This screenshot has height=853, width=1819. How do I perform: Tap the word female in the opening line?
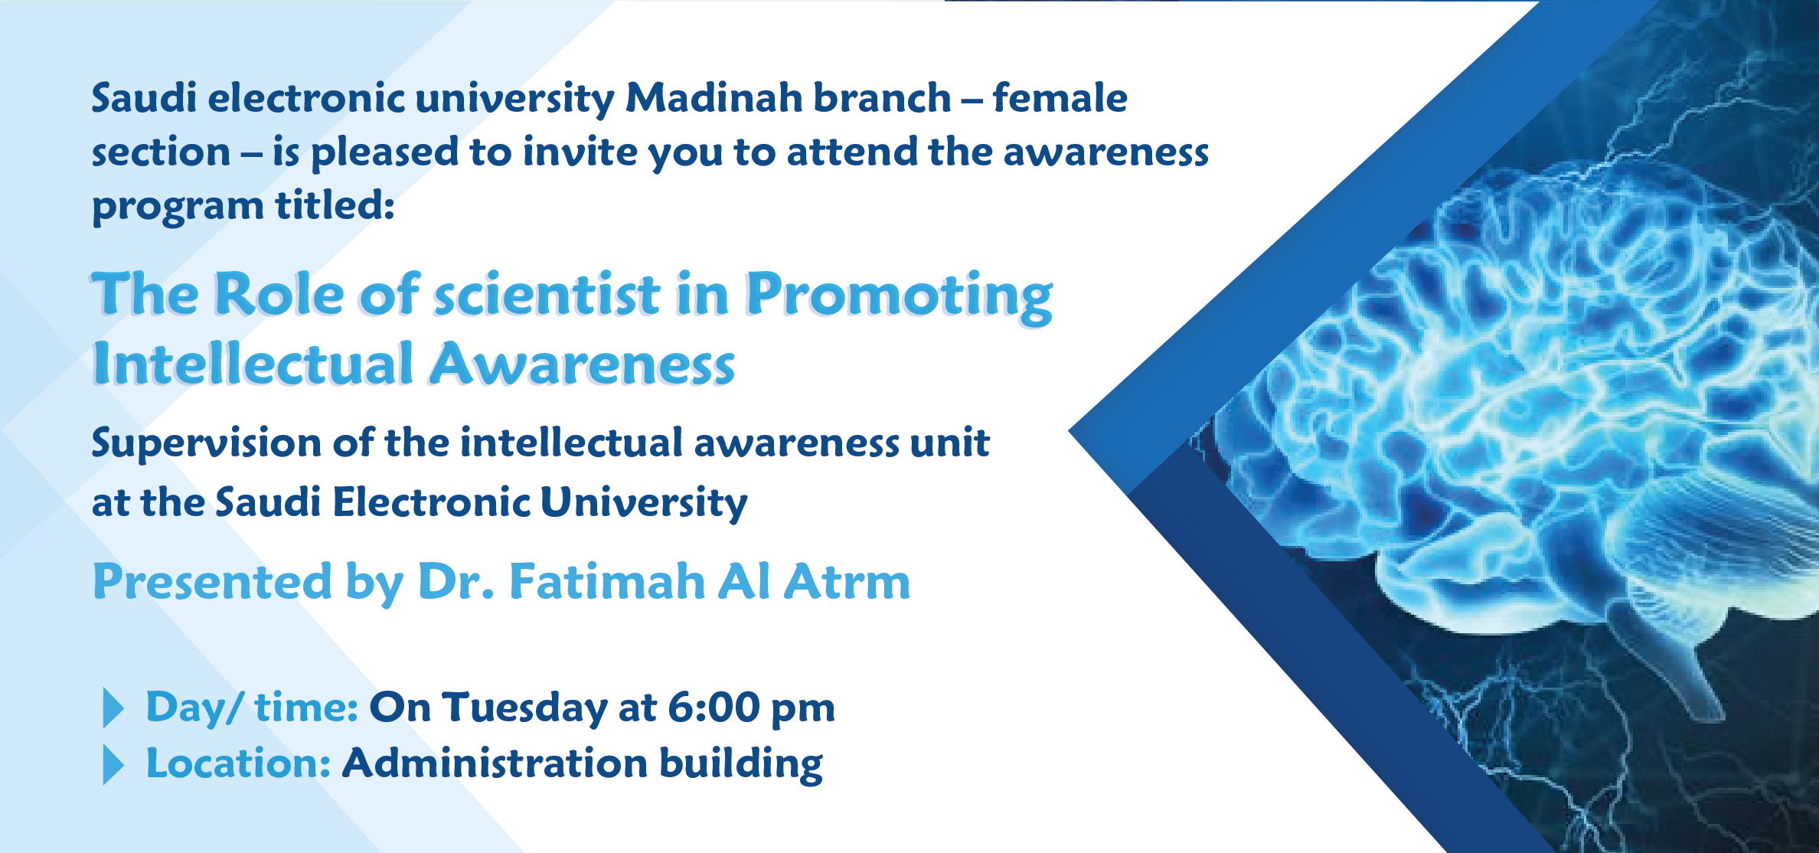(x=1060, y=97)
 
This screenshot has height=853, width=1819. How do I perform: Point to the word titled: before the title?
(x=335, y=205)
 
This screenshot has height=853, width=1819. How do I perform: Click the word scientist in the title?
(x=547, y=294)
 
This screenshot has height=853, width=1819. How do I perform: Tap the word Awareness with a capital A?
(x=582, y=364)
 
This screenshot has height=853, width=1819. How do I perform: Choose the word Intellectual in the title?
(x=253, y=363)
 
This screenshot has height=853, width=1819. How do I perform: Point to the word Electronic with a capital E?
(x=431, y=502)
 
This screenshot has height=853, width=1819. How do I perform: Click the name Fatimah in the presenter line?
(x=606, y=581)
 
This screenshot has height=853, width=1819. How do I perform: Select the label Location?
(x=238, y=763)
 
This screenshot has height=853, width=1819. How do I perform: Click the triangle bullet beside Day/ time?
(x=113, y=708)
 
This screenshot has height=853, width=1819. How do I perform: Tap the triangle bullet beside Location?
(x=113, y=765)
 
